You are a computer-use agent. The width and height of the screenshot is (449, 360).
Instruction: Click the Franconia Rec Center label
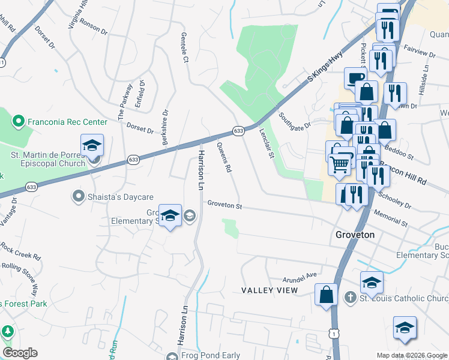tap(66, 122)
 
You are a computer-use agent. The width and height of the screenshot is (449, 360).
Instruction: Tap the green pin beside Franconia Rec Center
tap(19, 122)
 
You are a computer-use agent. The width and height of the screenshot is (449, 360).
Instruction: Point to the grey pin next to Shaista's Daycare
tap(78, 196)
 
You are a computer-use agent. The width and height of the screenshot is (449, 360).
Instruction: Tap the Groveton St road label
tap(224, 205)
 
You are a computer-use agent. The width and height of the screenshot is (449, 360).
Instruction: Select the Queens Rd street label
tap(224, 158)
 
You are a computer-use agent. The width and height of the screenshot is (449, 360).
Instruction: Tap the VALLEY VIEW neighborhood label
tap(270, 290)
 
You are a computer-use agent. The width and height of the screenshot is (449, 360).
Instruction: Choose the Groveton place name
tap(355, 235)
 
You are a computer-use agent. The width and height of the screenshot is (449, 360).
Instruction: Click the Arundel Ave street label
tap(300, 277)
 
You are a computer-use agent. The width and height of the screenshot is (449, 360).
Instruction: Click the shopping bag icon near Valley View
tap(326, 294)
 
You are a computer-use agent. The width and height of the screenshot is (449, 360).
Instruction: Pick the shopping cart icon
tap(340, 163)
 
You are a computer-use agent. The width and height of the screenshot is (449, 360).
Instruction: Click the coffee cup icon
tap(355, 78)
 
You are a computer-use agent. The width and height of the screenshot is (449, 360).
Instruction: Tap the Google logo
tap(20, 353)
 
